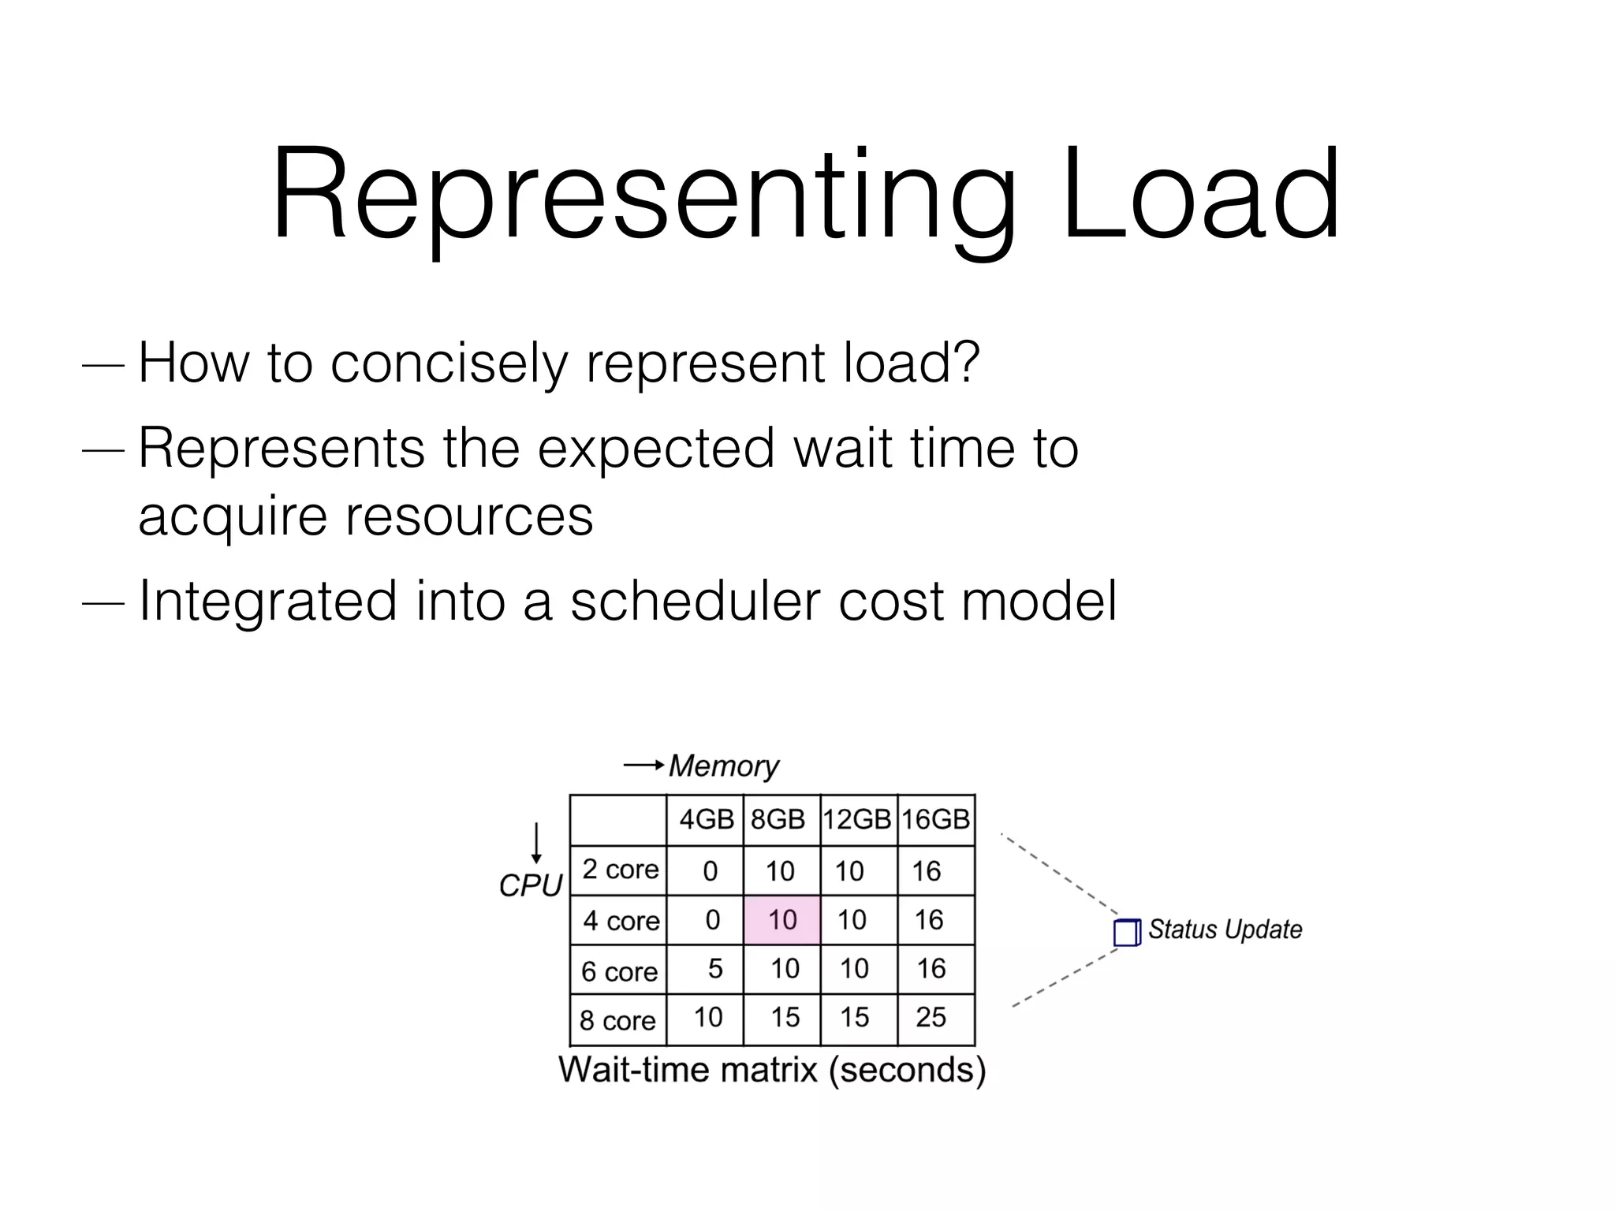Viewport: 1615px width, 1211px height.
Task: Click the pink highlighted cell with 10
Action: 782,920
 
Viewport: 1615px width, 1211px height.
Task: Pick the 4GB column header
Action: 706,820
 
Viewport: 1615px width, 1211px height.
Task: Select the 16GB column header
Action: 935,820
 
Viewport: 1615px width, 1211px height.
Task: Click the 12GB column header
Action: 857,820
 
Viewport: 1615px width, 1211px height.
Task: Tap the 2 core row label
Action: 620,870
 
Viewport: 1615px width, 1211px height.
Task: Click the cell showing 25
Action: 931,1018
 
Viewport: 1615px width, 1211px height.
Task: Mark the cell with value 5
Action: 715,969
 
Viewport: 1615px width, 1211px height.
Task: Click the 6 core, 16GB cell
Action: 931,969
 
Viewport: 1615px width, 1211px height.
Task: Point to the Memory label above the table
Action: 723,766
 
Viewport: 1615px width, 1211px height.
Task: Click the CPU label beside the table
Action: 530,886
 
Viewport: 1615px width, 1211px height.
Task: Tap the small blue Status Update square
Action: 1126,933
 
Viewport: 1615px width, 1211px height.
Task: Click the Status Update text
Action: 1224,930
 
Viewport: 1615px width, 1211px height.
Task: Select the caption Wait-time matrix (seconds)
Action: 772,1071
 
